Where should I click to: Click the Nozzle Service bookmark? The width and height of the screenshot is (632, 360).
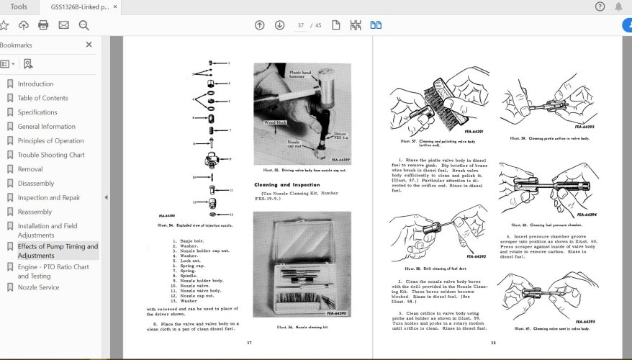pyautogui.click(x=38, y=287)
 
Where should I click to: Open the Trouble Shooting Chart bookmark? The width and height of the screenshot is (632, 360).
pyautogui.click(x=50, y=155)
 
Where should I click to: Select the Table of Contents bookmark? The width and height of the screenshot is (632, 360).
pyautogui.click(x=42, y=98)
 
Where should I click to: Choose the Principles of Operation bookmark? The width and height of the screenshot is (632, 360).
pyautogui.click(x=50, y=140)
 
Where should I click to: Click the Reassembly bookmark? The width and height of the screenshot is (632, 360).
pyautogui.click(x=35, y=212)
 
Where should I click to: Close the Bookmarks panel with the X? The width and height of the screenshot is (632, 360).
pyautogui.click(x=89, y=45)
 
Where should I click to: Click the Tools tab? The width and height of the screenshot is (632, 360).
pyautogui.click(x=19, y=6)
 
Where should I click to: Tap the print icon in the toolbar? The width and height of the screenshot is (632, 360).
pyautogui.click(x=43, y=25)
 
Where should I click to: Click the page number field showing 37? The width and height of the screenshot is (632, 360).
pyautogui.click(x=302, y=25)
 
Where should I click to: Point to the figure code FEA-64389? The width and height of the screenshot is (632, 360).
pyautogui.click(x=339, y=160)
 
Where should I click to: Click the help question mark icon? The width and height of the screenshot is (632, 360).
pyautogui.click(x=600, y=6)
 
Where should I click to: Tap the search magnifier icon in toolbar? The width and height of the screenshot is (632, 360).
pyautogui.click(x=83, y=25)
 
